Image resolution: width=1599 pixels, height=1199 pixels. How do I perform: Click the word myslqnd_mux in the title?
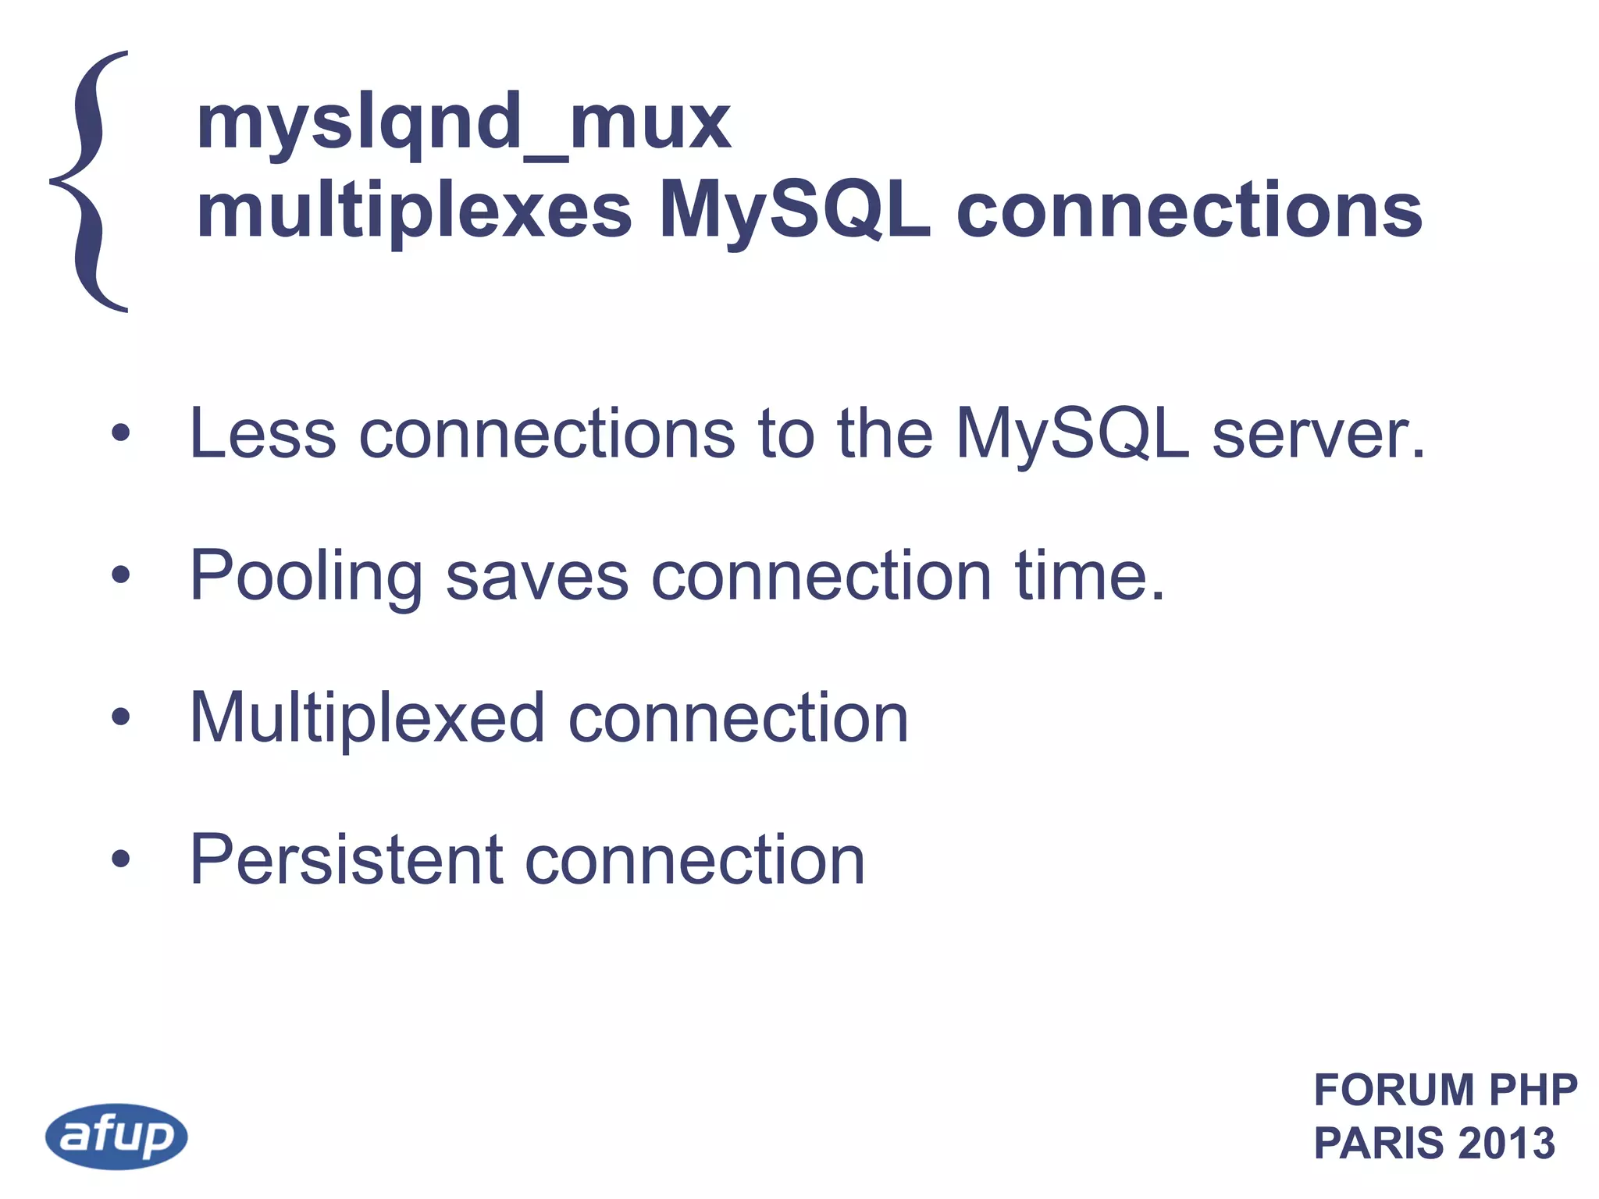463,123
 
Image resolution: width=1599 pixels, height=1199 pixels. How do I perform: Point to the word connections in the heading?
1189,211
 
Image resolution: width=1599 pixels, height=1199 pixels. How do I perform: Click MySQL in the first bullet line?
1072,436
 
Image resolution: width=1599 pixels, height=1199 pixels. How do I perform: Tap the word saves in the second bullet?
537,576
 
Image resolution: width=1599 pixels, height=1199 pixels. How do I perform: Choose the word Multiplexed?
367,718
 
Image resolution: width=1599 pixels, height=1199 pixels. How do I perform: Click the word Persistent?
347,859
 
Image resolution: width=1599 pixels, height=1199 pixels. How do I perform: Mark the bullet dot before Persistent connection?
120,859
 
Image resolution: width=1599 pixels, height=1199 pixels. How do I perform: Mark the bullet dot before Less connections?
120,433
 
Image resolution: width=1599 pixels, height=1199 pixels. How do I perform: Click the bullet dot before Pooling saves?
120,575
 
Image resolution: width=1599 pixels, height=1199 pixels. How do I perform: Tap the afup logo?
116,1136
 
